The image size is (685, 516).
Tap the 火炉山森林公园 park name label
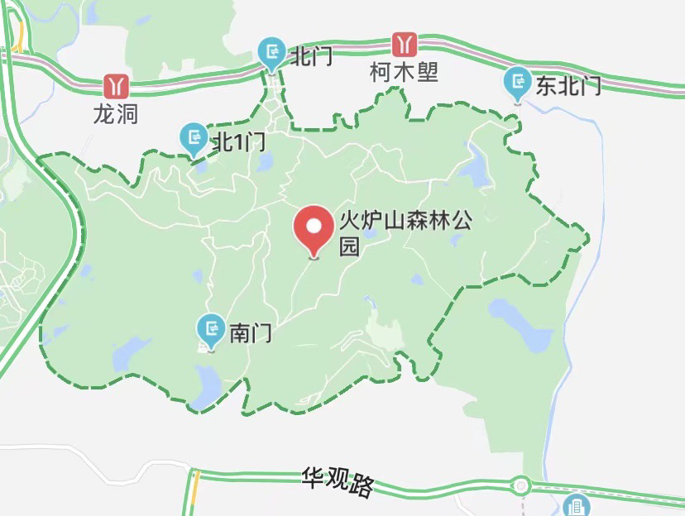[x=405, y=233]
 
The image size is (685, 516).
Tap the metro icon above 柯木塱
[x=404, y=44]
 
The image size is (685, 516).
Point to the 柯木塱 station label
[x=404, y=72]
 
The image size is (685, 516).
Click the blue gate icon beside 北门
[x=271, y=54]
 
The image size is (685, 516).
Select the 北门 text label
[x=310, y=56]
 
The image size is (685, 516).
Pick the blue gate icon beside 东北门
[x=518, y=83]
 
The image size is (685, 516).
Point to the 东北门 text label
[x=568, y=85]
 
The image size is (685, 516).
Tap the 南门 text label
[x=250, y=333]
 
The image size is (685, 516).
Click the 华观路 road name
[x=338, y=483]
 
